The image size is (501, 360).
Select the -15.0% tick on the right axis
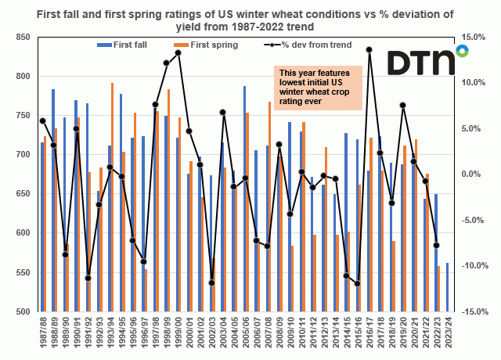(x=470, y=311)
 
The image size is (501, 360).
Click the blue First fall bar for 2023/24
(x=447, y=287)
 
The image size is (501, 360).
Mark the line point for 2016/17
(x=369, y=49)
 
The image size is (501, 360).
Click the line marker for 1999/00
(x=178, y=52)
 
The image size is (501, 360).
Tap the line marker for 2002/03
(x=211, y=283)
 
